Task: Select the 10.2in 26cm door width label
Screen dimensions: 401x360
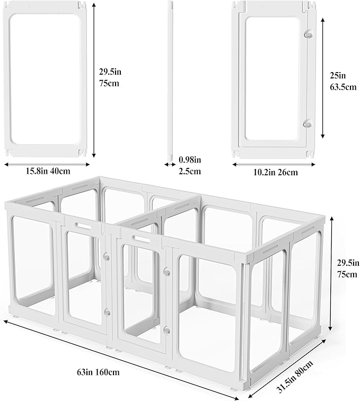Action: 273,172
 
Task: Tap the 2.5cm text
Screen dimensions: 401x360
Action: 190,171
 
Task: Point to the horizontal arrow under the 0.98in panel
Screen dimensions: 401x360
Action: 170,164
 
